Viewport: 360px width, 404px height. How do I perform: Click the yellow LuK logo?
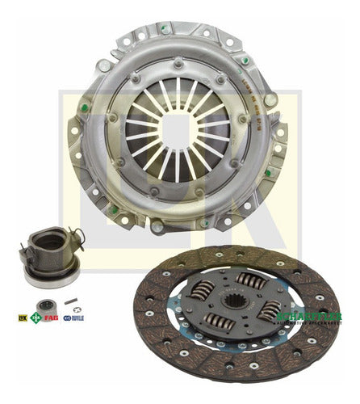point(23,318)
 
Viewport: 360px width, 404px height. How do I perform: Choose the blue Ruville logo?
point(74,318)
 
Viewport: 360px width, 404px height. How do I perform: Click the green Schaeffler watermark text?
point(310,318)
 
